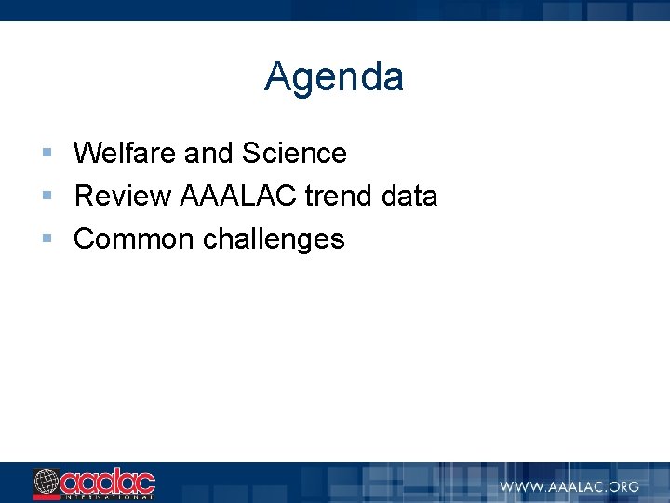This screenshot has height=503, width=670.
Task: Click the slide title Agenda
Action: coord(334,77)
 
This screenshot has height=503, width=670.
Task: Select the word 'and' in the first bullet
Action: coord(210,153)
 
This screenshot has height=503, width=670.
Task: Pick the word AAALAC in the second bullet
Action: coord(237,196)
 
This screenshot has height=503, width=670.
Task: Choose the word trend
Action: coord(339,196)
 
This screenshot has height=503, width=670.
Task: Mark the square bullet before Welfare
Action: coord(47,152)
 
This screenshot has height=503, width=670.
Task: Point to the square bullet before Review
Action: coord(47,195)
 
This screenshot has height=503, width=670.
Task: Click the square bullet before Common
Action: coord(47,238)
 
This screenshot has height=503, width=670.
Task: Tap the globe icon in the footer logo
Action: coord(47,482)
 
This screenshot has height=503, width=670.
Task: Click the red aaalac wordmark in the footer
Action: coord(108,481)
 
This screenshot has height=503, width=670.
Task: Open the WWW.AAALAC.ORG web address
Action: coord(569,486)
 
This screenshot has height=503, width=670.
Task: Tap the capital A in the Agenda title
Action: coord(277,77)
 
